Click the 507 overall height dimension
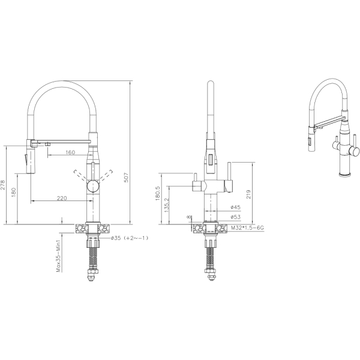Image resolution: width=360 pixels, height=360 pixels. click(126, 177)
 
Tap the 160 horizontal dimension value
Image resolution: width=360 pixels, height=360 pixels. click(70, 152)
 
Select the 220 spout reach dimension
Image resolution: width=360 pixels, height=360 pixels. click(62, 198)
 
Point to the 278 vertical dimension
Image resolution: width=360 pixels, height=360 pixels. click(3, 185)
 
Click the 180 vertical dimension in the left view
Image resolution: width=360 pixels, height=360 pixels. click(14, 193)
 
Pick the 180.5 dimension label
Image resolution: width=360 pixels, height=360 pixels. click(157, 193)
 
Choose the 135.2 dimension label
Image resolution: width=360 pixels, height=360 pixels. click(167, 205)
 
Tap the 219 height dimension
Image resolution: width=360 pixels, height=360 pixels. click(248, 194)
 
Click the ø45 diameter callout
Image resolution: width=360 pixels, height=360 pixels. click(236, 208)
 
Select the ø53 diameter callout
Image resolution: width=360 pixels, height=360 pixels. click(236, 217)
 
